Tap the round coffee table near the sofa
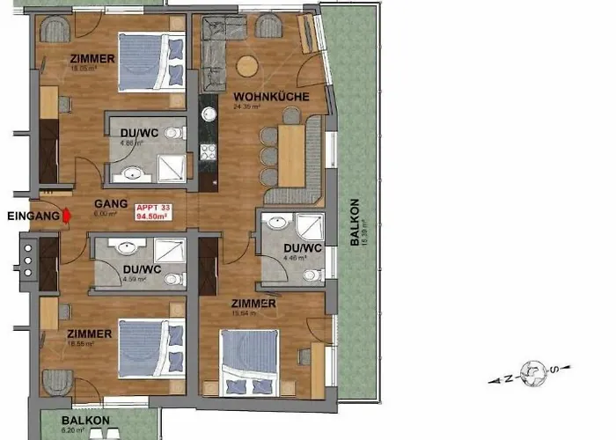coord(249,65)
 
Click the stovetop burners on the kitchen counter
coord(209,151)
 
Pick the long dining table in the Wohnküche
coord(290,154)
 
